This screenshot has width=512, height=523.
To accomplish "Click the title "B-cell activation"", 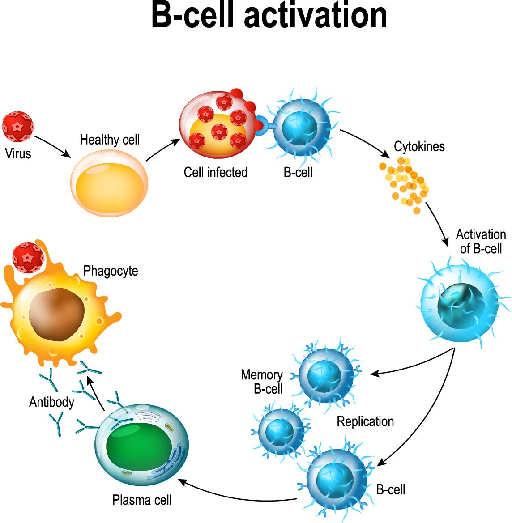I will coord(269,16).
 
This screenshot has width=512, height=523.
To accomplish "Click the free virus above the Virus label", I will coord(18,127).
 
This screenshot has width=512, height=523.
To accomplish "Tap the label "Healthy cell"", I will coord(110,140).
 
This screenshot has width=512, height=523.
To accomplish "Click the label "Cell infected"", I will coord(215,172).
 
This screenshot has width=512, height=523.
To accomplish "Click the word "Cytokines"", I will coord(419,146).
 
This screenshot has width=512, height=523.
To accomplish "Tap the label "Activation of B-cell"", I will coord(481,242).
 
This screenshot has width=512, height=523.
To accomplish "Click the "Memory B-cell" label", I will coord(262,382).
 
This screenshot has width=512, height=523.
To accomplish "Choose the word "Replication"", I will coord(365,421).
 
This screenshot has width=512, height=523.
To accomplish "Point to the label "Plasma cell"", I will coord(142,500).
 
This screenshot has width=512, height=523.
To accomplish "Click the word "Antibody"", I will coord(51,402).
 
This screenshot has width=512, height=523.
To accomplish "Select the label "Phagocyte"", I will coord(111,271).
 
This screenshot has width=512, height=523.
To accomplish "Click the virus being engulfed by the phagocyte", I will coord(28,257).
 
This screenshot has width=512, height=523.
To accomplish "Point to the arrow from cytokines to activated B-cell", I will coord(438,224).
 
